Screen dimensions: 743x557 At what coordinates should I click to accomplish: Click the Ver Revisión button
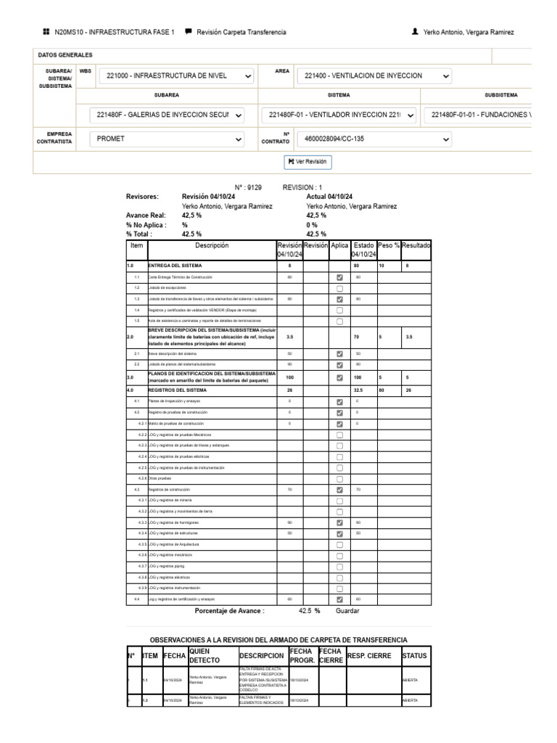(308, 162)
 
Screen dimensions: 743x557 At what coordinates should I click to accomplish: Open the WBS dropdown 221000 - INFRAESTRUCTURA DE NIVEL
(178, 75)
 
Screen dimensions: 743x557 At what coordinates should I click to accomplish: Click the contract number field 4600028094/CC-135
(374, 139)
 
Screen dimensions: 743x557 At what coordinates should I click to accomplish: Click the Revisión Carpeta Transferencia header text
(241, 33)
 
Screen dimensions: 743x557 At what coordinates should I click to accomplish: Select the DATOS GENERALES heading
(65, 55)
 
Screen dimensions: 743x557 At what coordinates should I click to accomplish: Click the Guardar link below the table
(347, 611)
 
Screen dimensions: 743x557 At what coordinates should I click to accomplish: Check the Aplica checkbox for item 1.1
(339, 277)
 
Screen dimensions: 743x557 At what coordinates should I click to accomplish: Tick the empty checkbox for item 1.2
(339, 288)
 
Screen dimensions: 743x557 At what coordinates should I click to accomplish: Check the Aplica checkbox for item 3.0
(339, 378)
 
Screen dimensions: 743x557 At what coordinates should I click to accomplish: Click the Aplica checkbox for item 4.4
(339, 599)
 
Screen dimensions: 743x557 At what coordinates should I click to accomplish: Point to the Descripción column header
(211, 246)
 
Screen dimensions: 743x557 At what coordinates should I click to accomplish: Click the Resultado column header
(416, 246)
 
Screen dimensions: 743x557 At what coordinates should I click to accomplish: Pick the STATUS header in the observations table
(414, 656)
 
